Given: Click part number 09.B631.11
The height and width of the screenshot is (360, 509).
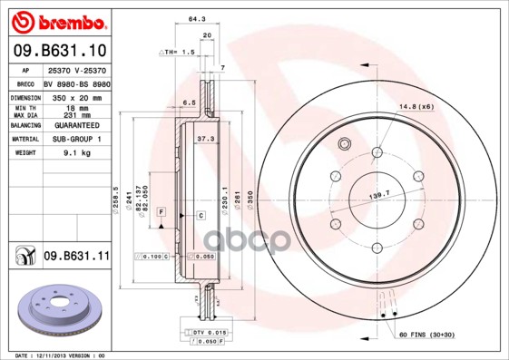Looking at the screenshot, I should [76, 257].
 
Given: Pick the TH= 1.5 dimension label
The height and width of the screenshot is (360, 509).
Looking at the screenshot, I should [177, 53].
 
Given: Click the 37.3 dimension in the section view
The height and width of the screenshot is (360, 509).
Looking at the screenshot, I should [205, 139].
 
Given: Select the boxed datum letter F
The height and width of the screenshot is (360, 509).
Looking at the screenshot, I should [161, 211].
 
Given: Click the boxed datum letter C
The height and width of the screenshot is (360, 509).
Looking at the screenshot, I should [201, 215].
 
